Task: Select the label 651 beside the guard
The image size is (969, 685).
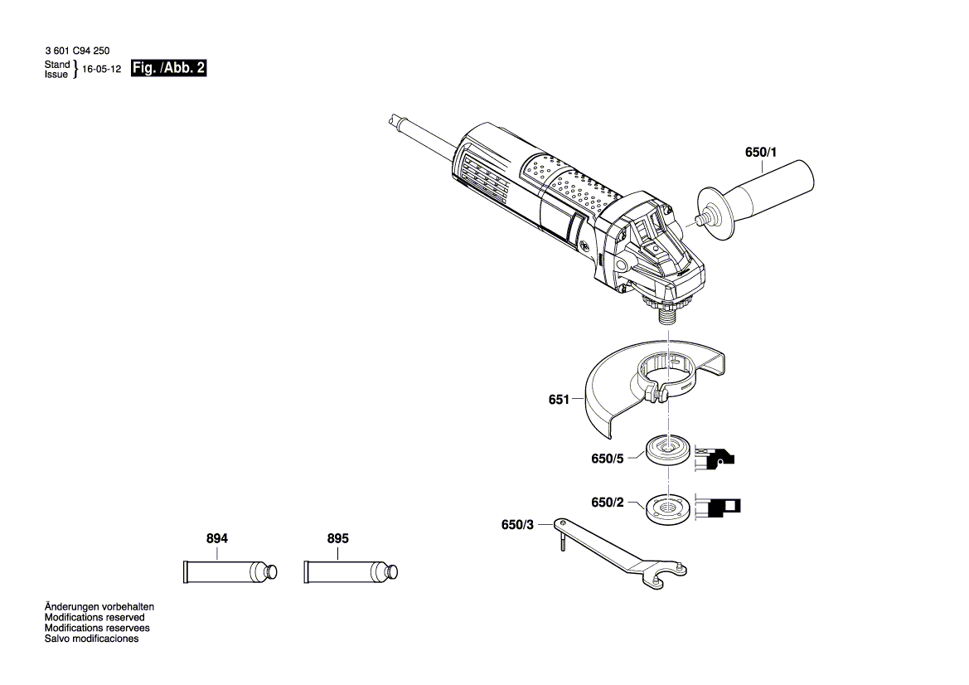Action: (559, 400)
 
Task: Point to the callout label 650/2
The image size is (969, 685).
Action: (608, 503)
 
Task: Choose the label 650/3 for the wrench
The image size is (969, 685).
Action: (518, 525)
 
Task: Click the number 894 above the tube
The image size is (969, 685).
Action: (217, 538)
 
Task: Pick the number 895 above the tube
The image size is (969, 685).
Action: (338, 538)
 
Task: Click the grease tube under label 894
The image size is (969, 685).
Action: (229, 572)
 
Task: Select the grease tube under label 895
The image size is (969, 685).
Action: (350, 572)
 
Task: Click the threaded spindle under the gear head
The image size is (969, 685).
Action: (666, 313)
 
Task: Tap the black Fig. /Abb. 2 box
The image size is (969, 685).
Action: (168, 70)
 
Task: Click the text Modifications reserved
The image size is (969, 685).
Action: (94, 618)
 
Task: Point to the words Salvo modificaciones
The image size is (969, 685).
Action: (91, 639)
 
